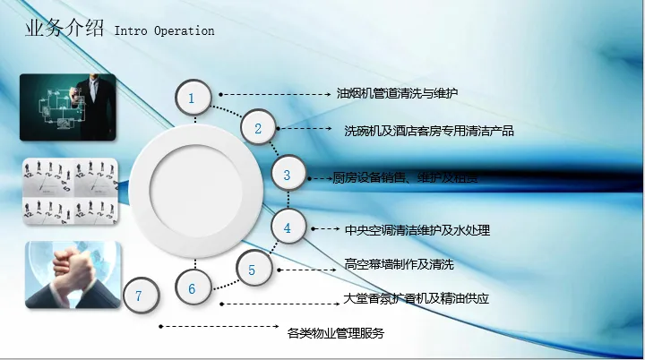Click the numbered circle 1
click(193, 96)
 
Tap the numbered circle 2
click(258, 129)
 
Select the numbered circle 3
click(288, 176)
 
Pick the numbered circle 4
click(288, 229)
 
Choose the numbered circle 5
click(252, 270)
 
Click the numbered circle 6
click(192, 289)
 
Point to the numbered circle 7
click(139, 296)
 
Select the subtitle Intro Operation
click(164, 30)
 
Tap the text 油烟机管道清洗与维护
click(399, 92)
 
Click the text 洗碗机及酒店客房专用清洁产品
click(429, 131)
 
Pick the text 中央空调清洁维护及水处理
click(417, 230)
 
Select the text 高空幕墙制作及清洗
click(400, 264)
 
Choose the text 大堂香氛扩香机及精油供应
click(417, 298)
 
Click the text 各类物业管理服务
click(336, 334)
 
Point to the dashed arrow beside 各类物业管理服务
click(220, 326)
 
